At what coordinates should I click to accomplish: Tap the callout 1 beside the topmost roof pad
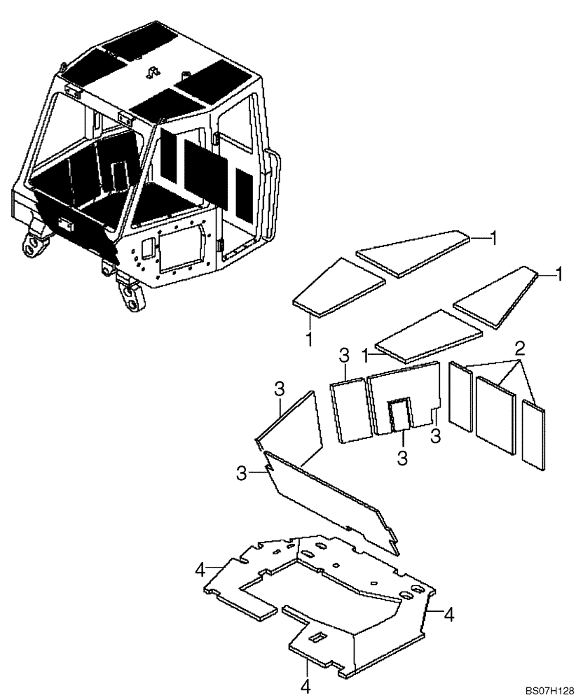[x=494, y=238]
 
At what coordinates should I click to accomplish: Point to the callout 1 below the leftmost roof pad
[x=309, y=340]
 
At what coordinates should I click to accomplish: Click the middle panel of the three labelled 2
[x=495, y=417]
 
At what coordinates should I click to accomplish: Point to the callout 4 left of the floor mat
[x=201, y=570]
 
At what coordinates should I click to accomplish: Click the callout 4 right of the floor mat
[x=449, y=615]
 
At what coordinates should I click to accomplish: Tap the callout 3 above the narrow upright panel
[x=344, y=356]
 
